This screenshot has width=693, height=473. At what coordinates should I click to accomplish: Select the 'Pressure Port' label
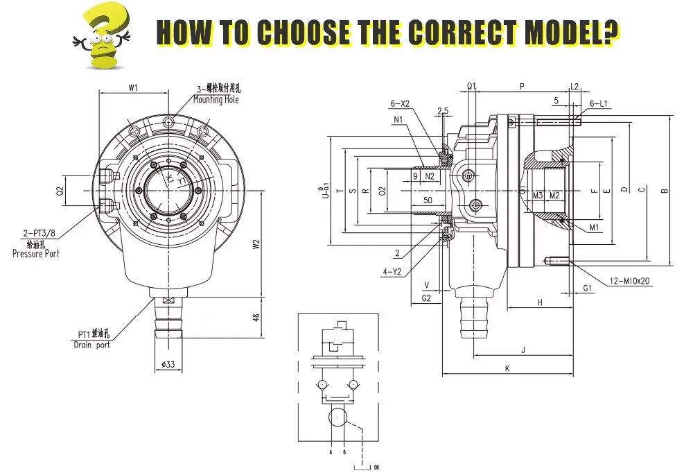pos(36,253)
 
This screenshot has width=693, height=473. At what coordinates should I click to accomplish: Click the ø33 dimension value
pos(167,364)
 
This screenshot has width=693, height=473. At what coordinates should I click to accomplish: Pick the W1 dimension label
pos(134,88)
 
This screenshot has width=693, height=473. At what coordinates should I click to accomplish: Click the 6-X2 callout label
pos(400,103)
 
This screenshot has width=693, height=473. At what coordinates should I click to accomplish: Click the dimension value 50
pos(428,200)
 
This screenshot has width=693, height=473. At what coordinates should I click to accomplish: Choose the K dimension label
pos(507,369)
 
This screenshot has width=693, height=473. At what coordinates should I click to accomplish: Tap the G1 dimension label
pos(588,287)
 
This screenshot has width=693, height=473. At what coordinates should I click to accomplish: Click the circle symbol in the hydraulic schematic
pos(338,418)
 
